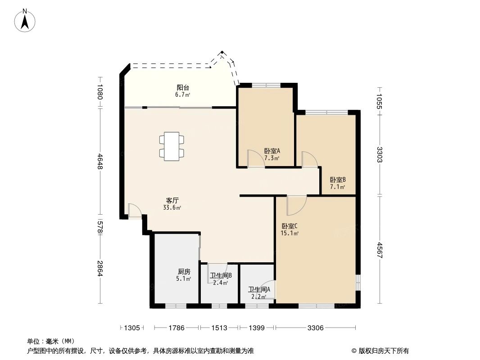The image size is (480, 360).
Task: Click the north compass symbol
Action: [26, 20]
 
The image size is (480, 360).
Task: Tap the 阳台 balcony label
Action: [182, 91]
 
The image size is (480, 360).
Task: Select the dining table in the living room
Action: [172, 146]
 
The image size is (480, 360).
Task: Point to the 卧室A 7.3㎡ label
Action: [272, 154]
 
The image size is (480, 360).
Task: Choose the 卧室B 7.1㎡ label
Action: [338, 183]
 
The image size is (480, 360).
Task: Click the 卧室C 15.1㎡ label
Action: [290, 229]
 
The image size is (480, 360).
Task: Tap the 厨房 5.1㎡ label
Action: [184, 275]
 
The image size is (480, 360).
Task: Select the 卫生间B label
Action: [221, 279]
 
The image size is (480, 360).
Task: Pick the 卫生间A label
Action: [259, 293]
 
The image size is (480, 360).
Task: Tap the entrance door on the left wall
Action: [135, 211]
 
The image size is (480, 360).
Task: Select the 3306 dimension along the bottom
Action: [316, 328]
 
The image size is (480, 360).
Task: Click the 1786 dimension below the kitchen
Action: [177, 328]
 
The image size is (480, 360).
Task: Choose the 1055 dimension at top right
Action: [380, 99]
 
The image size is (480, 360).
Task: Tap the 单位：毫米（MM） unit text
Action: [51, 342]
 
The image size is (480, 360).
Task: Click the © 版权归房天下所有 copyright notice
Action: [380, 351]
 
